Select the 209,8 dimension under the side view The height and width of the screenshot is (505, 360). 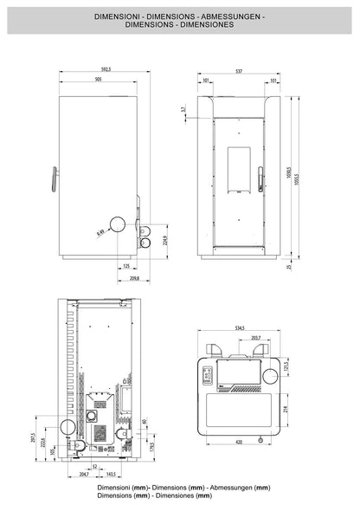pos(132,280)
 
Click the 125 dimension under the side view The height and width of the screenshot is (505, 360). pos(125,267)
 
